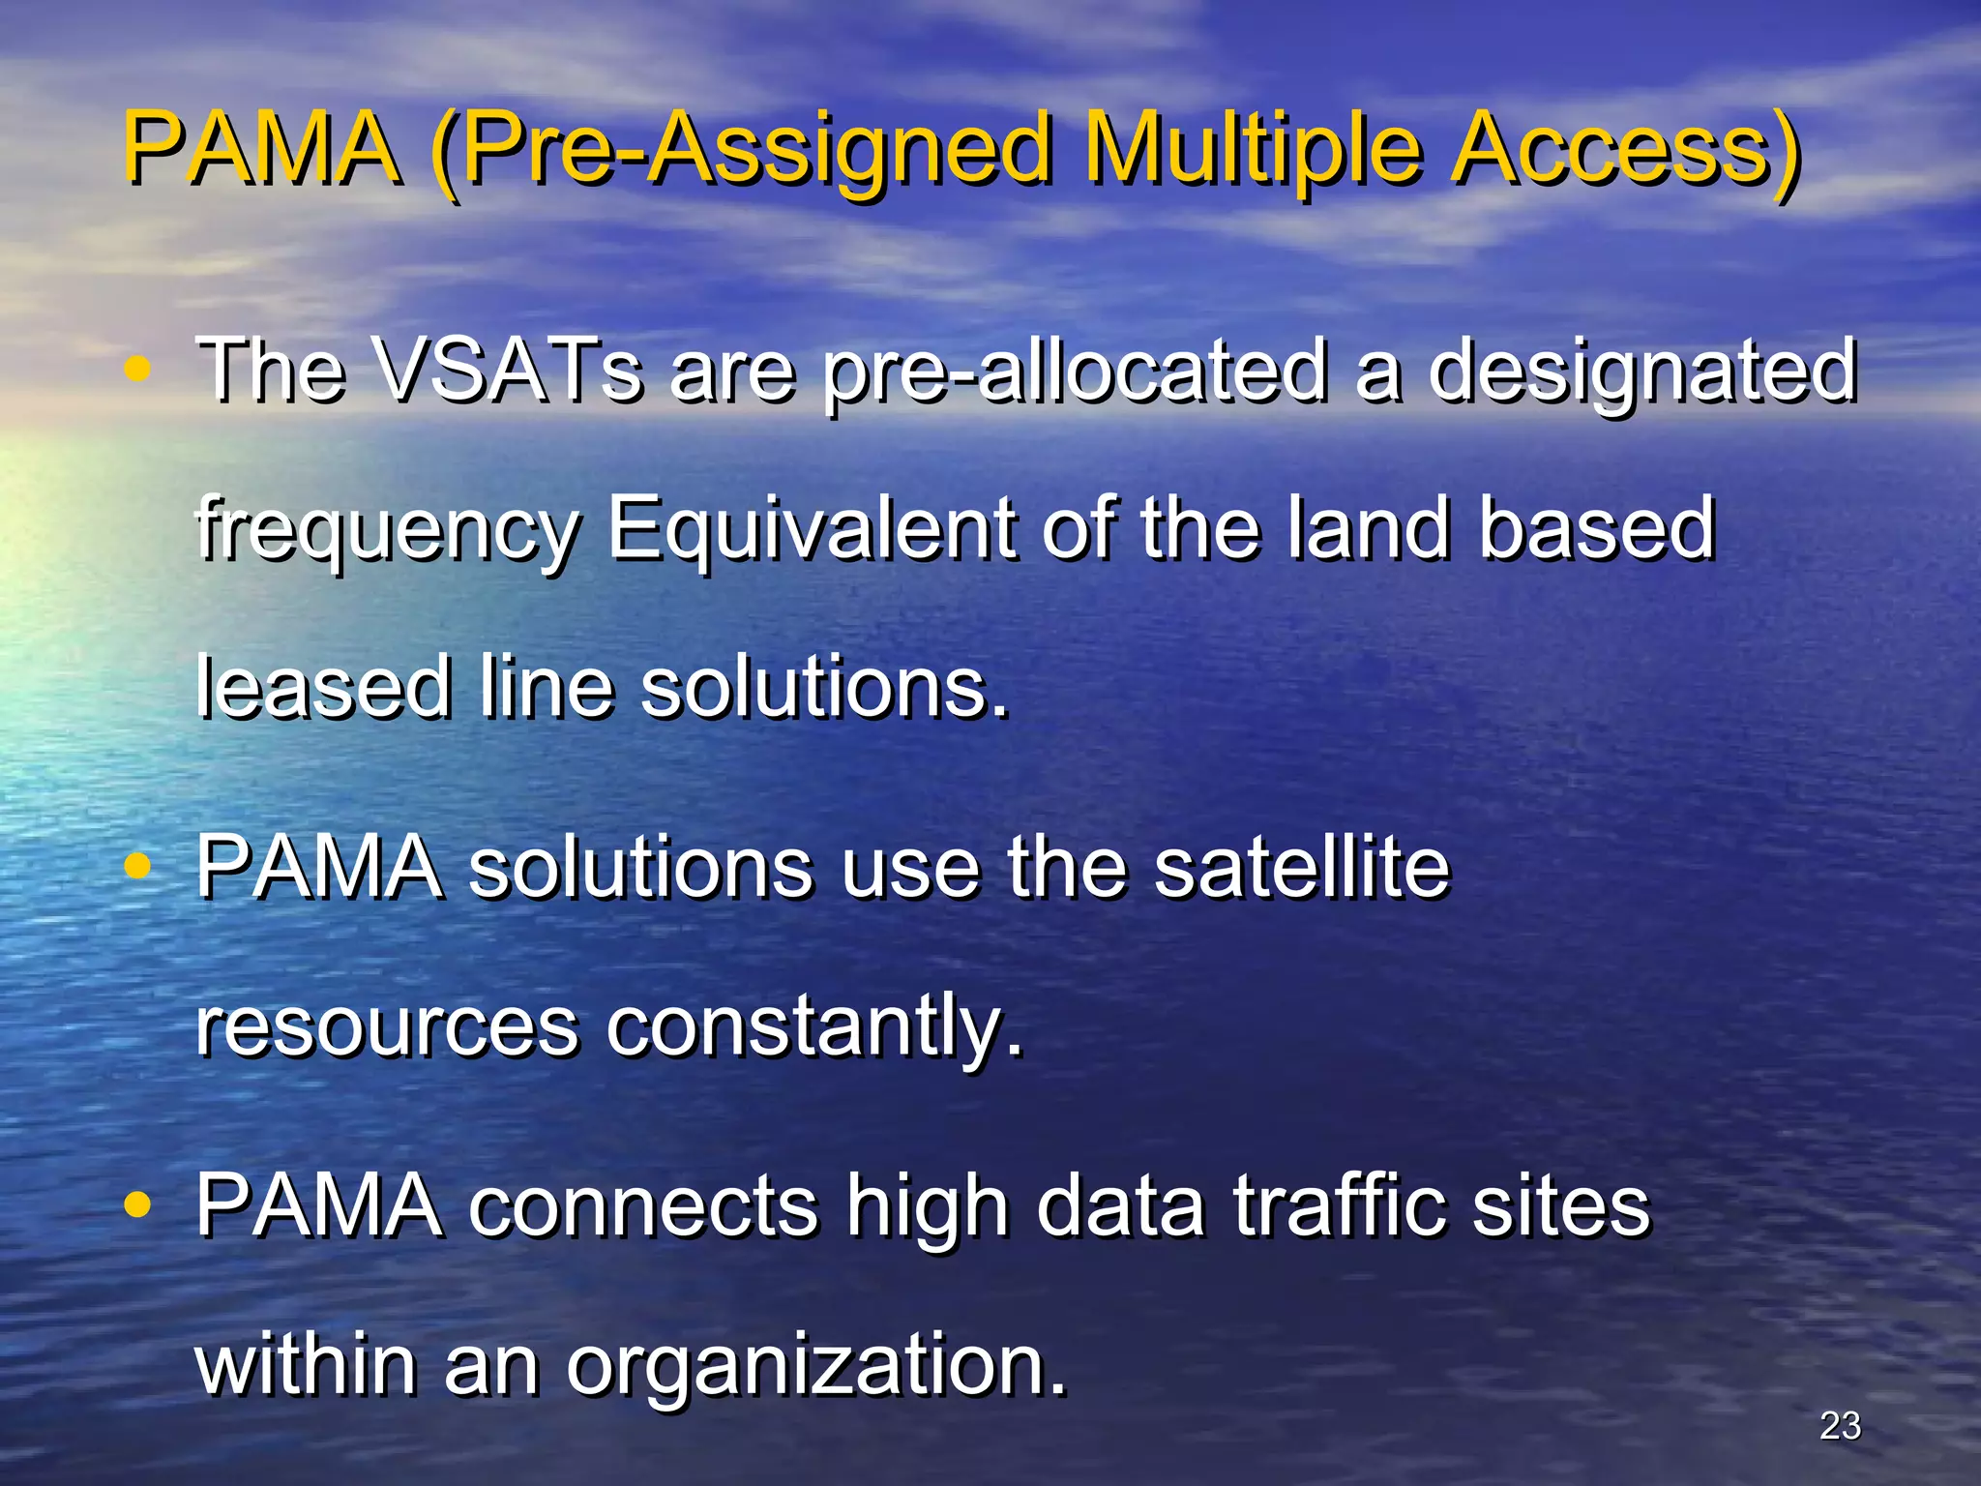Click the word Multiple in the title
[x=1253, y=150]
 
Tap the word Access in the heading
[x=1625, y=150]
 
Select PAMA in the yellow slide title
[x=261, y=150]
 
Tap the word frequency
[x=388, y=530]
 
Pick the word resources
[x=387, y=1027]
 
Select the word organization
[x=816, y=1366]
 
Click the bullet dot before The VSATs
[x=138, y=370]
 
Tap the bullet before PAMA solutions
[x=138, y=866]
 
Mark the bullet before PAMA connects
[x=138, y=1205]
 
